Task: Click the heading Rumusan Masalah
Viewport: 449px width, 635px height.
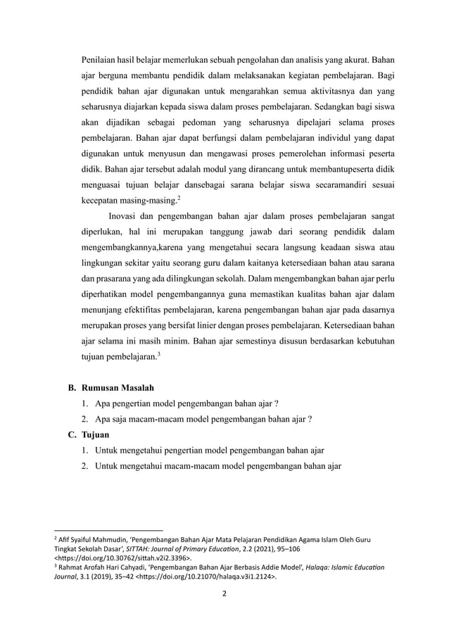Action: (118, 388)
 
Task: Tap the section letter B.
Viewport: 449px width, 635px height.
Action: (71, 388)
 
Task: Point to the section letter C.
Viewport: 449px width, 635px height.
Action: (71, 435)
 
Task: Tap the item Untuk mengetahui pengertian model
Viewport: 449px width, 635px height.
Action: (209, 451)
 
